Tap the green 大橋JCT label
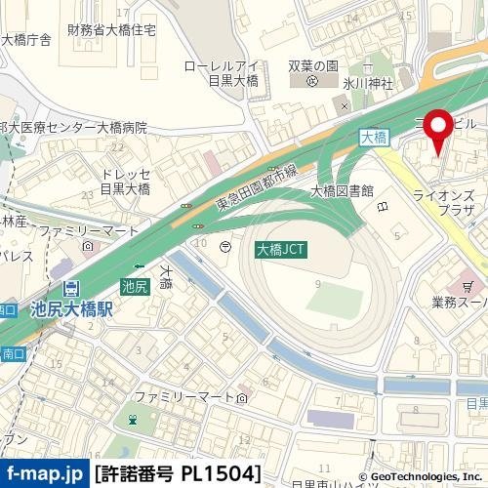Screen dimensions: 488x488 [x=281, y=250]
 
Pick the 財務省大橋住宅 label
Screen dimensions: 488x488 [x=111, y=30]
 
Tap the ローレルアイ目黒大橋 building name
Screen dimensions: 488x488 [x=224, y=75]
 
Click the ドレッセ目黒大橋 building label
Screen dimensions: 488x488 [x=126, y=182]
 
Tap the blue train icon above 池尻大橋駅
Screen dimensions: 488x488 [x=71, y=289]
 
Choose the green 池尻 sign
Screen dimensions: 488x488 [x=136, y=286]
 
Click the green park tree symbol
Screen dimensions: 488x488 [x=130, y=421]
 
